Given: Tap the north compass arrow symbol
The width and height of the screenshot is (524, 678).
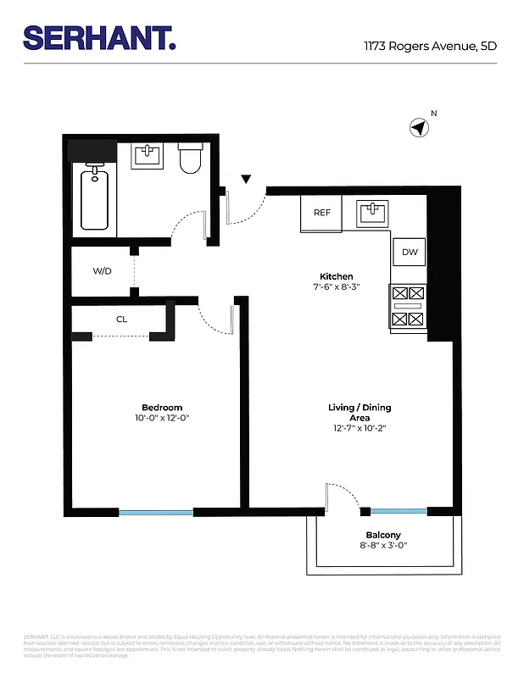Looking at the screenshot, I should pos(418,128).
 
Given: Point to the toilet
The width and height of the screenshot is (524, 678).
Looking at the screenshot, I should pos(189,158).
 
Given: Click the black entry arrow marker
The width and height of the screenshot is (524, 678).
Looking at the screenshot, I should pos(246,179).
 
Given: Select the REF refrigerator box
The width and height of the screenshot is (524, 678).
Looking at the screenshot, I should pos(322,213).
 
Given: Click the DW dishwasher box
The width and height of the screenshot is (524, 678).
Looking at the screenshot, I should pos(410,252).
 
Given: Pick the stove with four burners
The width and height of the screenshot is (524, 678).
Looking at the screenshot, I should pos(408,307).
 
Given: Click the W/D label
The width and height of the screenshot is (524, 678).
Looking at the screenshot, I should pos(102,271).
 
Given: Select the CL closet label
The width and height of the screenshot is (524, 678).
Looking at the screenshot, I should pos(121,320).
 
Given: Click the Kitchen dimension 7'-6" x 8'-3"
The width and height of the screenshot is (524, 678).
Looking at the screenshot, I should pos(336,287).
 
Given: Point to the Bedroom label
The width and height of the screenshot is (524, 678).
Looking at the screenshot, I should pos(161,408).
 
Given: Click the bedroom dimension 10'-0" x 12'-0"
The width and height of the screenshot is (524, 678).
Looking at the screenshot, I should pos(161,418).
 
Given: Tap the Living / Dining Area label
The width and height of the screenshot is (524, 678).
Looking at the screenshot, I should pos(360,413).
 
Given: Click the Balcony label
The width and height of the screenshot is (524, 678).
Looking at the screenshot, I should pos(383,535).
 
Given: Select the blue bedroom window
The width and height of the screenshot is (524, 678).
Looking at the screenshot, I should pos(156,512).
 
